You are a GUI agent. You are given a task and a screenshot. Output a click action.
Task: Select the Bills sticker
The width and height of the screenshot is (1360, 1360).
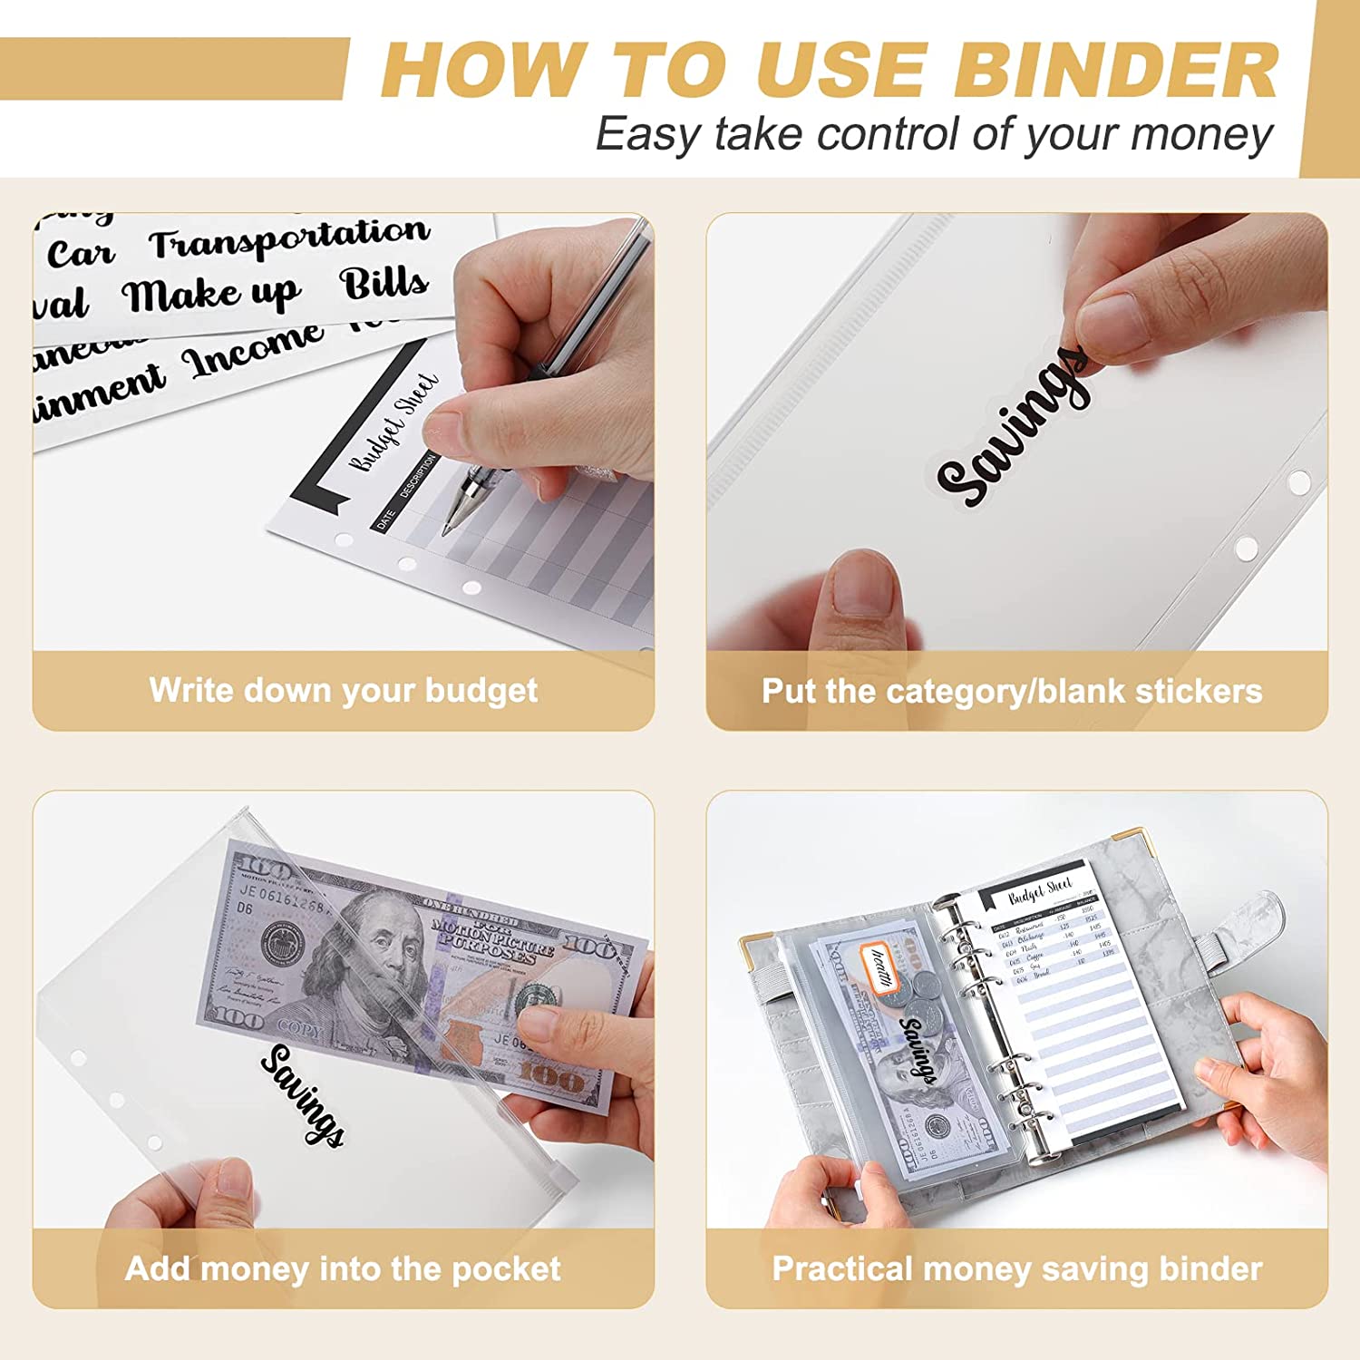click(384, 284)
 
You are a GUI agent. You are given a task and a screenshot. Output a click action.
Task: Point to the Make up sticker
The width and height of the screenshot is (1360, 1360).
click(211, 295)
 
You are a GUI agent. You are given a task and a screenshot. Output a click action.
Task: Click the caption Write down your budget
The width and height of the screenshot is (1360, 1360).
click(343, 690)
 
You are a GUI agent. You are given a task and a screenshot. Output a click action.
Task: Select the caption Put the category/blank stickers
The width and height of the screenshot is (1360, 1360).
click(1011, 691)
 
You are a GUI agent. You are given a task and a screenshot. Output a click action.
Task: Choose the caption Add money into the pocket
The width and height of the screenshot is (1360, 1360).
click(343, 1268)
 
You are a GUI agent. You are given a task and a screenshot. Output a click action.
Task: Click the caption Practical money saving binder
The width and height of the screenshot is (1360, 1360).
click(1016, 1268)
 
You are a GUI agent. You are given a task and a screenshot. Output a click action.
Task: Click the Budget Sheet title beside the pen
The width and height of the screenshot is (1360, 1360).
click(393, 423)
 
